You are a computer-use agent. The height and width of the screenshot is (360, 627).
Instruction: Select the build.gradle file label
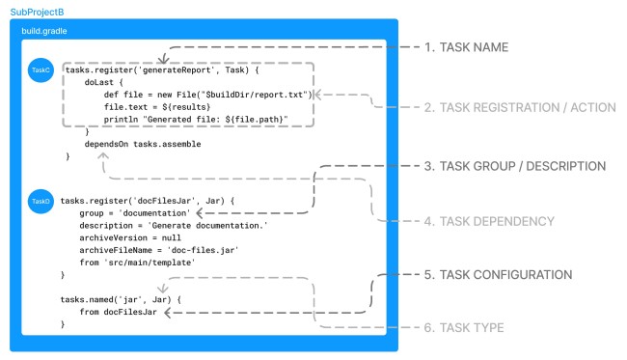(46, 31)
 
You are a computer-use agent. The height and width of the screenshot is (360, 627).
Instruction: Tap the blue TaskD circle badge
(40, 200)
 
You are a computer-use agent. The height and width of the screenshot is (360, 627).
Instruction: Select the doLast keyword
(97, 82)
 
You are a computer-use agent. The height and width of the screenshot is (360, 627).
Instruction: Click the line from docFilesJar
(119, 313)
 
